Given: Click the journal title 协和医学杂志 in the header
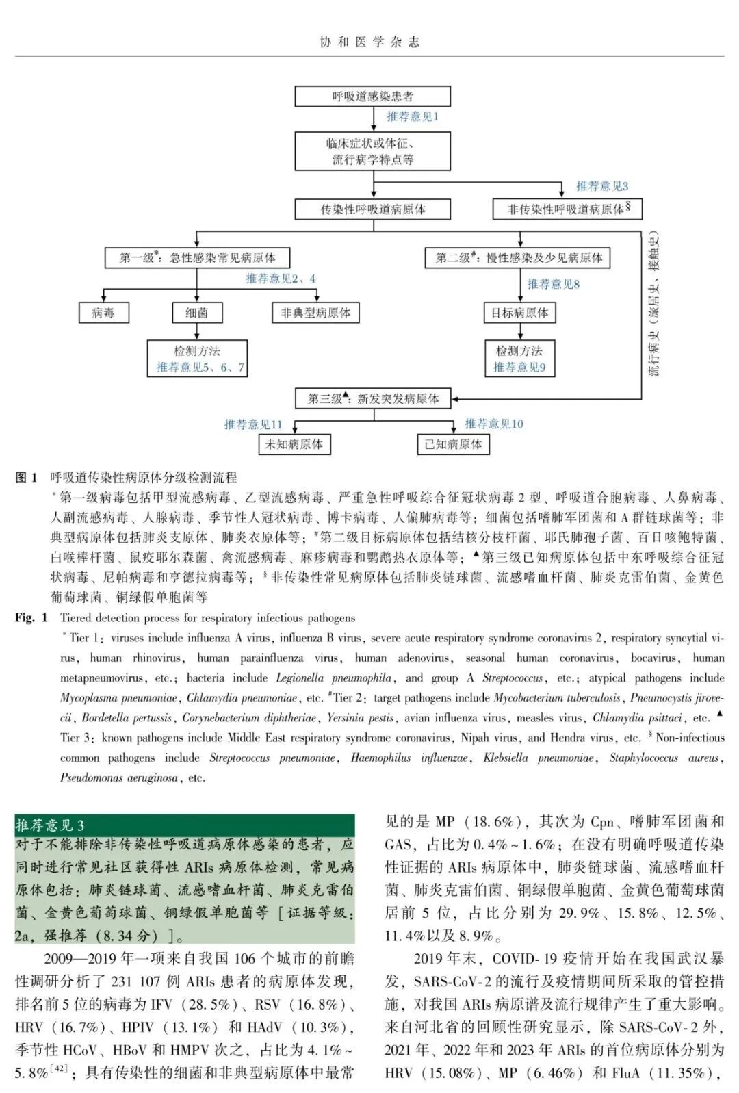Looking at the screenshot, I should [369, 42].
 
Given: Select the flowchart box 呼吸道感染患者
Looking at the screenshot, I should [372, 97].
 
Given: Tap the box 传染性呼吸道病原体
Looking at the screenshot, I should [372, 209].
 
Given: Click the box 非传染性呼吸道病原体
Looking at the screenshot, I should [567, 209].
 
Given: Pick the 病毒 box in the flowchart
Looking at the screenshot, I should [103, 313].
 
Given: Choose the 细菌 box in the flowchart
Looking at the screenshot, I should [196, 313].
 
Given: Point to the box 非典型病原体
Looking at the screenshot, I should [315, 313].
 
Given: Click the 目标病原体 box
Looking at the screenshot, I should [519, 313].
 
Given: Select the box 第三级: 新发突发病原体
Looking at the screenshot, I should [373, 398].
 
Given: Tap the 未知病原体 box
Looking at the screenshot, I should [294, 444].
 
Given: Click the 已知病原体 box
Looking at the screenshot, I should [453, 444].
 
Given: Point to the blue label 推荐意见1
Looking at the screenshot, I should [412, 117].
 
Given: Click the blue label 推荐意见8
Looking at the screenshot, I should [553, 284].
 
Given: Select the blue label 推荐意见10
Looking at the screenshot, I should [493, 424].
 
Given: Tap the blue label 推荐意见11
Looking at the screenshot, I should [252, 424].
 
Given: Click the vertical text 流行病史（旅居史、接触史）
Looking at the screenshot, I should [655, 305].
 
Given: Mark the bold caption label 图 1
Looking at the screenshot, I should [26, 478].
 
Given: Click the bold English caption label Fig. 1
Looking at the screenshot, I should [31, 618].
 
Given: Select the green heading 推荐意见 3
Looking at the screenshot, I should [50, 825].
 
